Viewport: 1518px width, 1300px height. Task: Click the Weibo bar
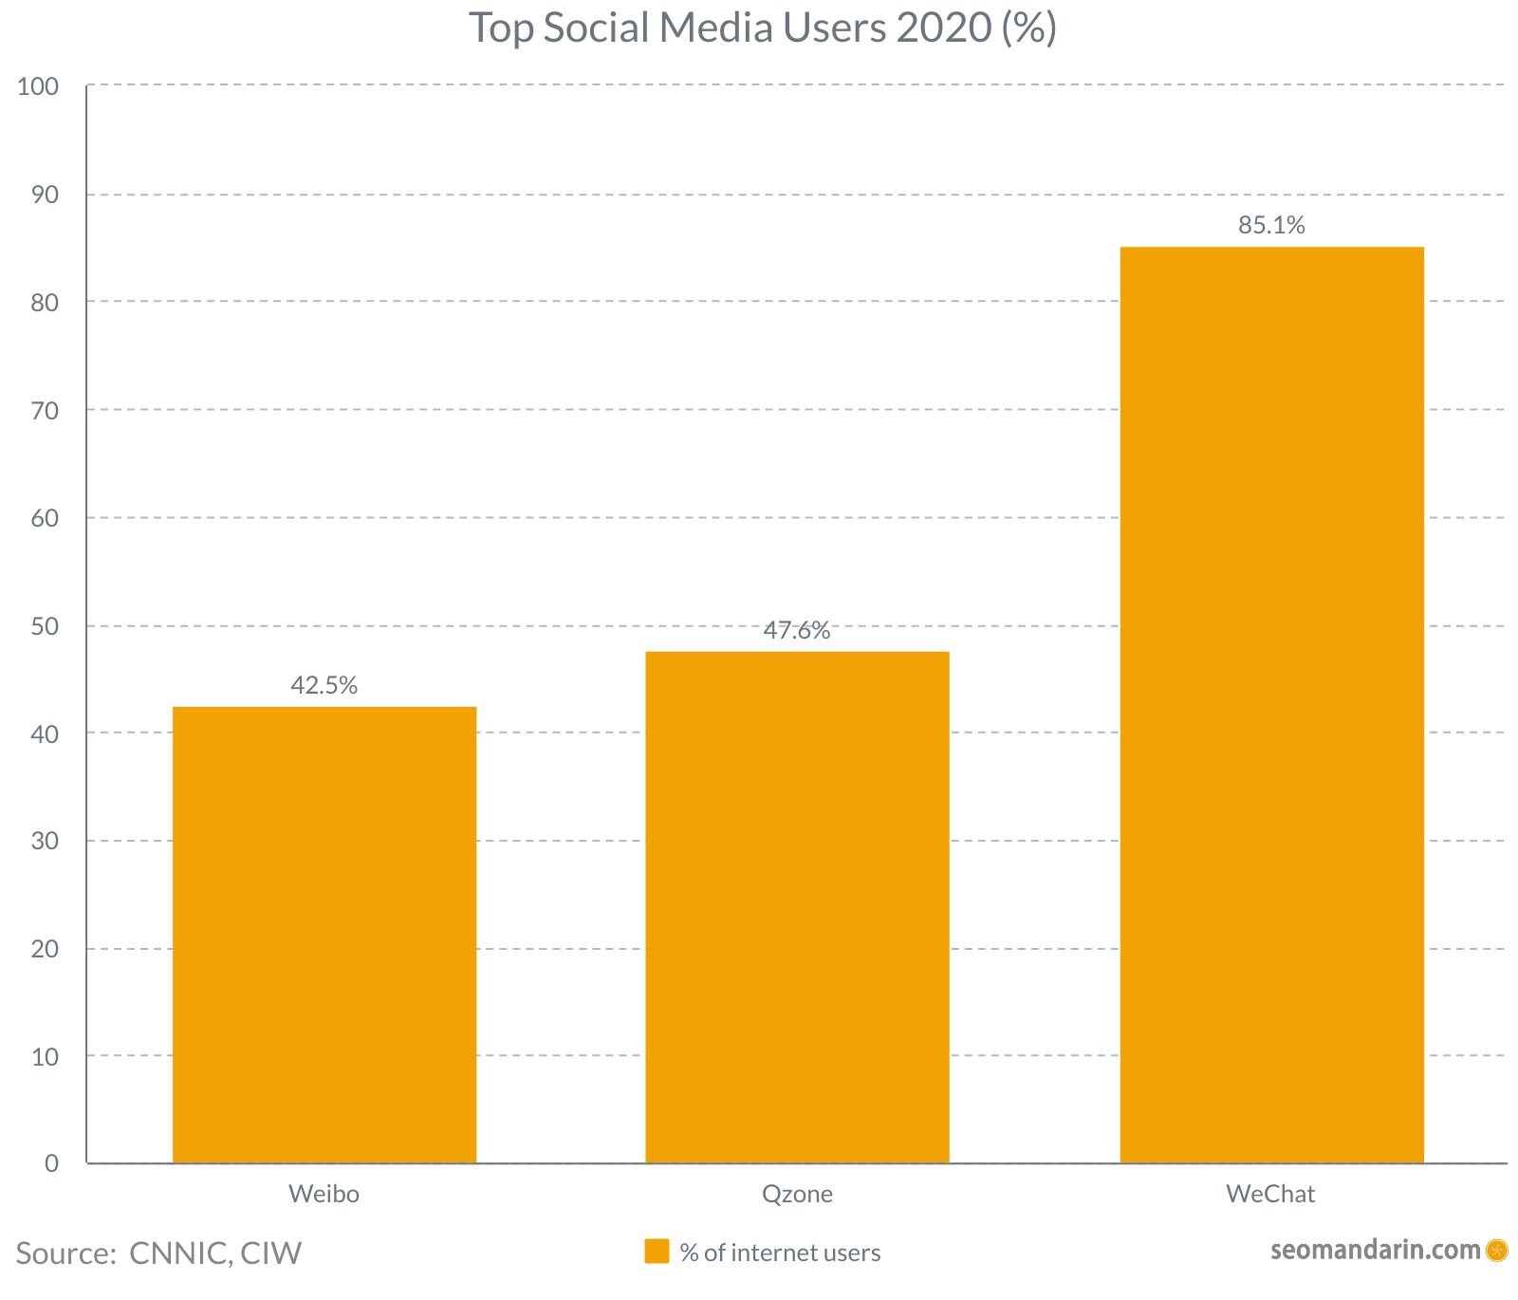[324, 935]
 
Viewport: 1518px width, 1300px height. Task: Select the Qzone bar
[797, 907]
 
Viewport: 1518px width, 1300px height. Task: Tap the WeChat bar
[1271, 705]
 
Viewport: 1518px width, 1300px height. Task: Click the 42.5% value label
[324, 685]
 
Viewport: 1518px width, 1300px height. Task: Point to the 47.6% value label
[797, 630]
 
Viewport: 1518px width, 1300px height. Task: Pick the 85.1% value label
[1271, 226]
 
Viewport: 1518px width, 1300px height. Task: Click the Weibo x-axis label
[324, 1194]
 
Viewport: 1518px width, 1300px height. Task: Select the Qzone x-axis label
[797, 1194]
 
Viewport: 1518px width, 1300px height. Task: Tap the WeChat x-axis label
[1270, 1194]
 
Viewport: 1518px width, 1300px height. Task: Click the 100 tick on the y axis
[38, 86]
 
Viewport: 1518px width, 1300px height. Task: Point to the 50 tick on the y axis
[44, 626]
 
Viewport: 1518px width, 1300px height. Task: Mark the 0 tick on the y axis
[51, 1163]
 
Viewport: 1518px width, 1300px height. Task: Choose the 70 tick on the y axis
[44, 411]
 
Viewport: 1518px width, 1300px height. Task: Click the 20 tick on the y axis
[44, 949]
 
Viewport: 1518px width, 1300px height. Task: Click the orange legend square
[657, 1252]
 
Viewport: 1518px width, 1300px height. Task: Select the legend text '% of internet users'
[780, 1253]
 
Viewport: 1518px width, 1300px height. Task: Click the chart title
[762, 28]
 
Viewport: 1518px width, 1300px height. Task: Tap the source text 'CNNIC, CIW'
[215, 1253]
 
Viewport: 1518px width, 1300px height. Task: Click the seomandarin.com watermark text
[1375, 1250]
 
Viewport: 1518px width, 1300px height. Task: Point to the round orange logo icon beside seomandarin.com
[1496, 1251]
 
